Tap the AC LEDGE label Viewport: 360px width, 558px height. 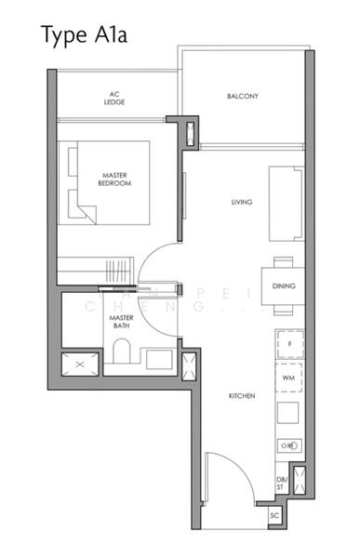[x=114, y=98]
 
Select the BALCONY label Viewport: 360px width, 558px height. [x=242, y=96]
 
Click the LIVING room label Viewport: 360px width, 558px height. [x=243, y=202]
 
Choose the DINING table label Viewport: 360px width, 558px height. [x=284, y=286]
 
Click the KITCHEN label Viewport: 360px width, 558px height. [x=242, y=396]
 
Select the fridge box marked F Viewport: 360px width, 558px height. [x=288, y=344]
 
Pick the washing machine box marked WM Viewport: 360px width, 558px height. [x=288, y=379]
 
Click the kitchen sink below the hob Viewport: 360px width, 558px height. [x=288, y=446]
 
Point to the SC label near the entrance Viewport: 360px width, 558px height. [x=274, y=514]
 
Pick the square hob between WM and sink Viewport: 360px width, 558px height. [x=288, y=413]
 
